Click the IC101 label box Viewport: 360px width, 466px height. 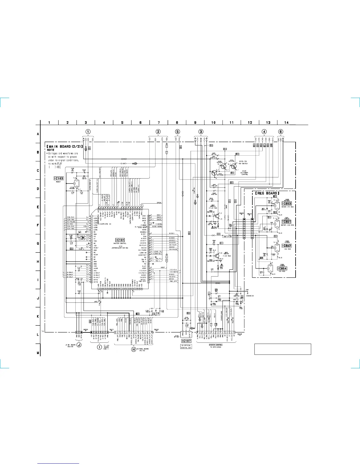(120, 240)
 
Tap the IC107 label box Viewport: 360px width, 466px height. (186, 341)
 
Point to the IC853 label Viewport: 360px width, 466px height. (286, 203)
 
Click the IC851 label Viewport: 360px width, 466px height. (286, 222)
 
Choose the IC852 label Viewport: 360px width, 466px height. (286, 246)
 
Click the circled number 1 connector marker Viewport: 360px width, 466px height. (88, 132)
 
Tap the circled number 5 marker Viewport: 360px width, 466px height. (178, 132)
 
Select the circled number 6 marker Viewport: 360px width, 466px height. (281, 132)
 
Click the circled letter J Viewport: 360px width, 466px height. (79, 345)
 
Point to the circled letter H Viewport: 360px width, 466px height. (134, 349)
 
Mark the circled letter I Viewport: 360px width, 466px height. (99, 347)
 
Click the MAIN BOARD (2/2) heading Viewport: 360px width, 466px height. (64, 146)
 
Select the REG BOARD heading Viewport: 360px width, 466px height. (266, 193)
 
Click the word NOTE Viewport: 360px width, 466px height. (51, 150)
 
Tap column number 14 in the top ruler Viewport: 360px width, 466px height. (286, 122)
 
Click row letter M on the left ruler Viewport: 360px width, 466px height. (38, 353)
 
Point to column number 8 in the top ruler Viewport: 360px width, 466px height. (177, 122)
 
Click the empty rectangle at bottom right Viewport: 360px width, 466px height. (283, 349)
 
